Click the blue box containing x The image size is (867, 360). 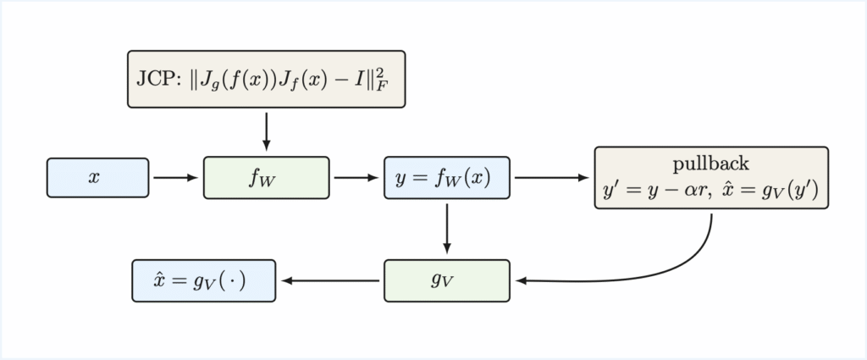pos(98,178)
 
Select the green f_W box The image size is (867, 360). pos(266,178)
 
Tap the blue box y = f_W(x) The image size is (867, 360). pos(447,178)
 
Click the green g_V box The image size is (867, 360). pos(447,280)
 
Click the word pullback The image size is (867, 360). pos(710,163)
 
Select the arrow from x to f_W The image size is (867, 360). pos(176,178)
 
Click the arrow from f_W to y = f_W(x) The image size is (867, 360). pos(356,178)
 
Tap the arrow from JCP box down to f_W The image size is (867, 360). pos(266,131)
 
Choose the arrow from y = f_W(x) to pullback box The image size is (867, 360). pos(551,178)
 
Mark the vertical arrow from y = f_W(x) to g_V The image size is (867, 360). pos(447,229)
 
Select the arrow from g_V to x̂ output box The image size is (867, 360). pos(330,280)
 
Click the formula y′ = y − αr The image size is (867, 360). pos(652,191)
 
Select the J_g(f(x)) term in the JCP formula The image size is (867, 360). pos(232,81)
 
